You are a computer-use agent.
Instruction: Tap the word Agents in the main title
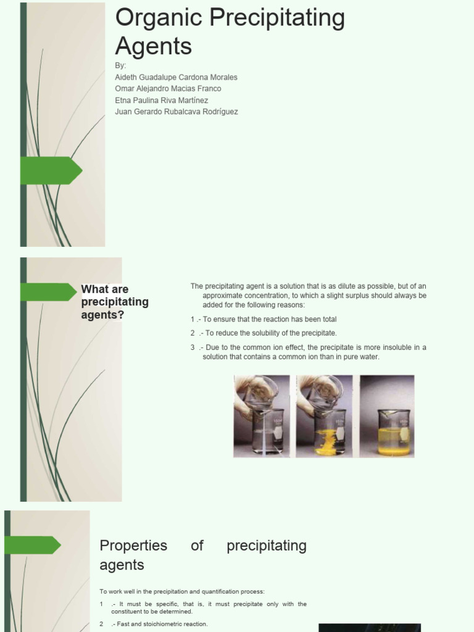coord(154,46)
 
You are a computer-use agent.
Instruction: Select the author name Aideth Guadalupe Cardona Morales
coord(176,77)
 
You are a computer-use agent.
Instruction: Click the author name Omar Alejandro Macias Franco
coord(168,88)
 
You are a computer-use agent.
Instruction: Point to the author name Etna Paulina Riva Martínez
coord(161,100)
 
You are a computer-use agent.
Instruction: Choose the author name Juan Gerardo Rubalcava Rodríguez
coord(176,112)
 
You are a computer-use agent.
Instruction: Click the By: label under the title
coord(120,65)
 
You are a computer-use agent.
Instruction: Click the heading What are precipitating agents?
coord(115,302)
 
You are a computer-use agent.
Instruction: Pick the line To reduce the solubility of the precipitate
coord(269,333)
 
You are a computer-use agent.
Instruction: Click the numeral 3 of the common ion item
coord(193,347)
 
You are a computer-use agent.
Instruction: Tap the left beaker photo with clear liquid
coord(261,416)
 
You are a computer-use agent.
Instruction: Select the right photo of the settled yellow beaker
coord(387,416)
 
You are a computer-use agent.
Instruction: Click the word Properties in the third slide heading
coord(133,546)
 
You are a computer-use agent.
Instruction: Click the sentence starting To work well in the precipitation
coord(182,591)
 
